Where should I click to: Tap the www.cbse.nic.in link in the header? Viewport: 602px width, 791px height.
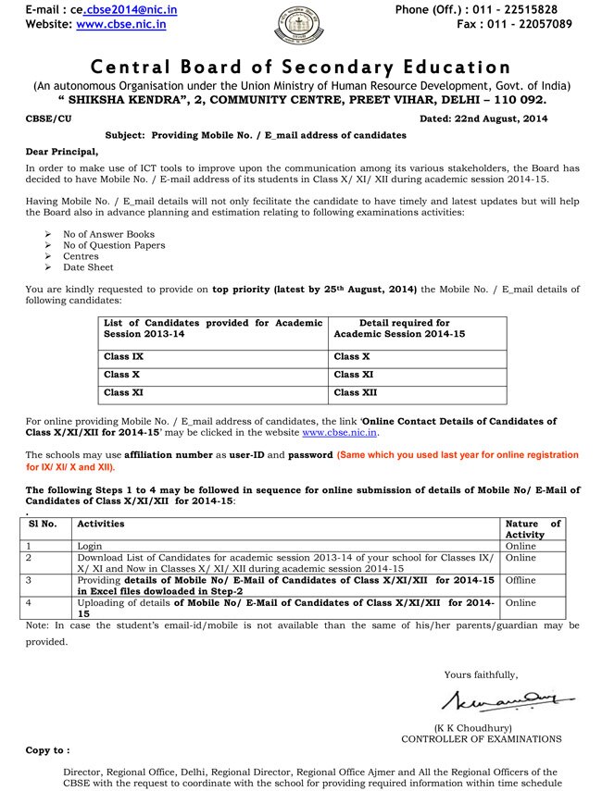point(120,25)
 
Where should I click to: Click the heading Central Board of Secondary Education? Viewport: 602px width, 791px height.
point(300,68)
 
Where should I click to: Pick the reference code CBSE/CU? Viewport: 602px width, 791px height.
point(44,118)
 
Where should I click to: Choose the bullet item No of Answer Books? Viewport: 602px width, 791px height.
point(108,234)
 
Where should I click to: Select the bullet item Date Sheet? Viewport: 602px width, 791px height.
point(88,267)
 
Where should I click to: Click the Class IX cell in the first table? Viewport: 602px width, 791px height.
point(124,356)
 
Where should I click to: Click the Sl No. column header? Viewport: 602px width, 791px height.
point(42,524)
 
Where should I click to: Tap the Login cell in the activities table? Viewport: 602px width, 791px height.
point(90,547)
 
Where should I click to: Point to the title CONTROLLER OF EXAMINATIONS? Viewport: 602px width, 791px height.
point(481,739)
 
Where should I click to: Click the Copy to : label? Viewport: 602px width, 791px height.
point(47,750)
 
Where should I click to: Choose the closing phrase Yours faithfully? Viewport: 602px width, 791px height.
point(481,674)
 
